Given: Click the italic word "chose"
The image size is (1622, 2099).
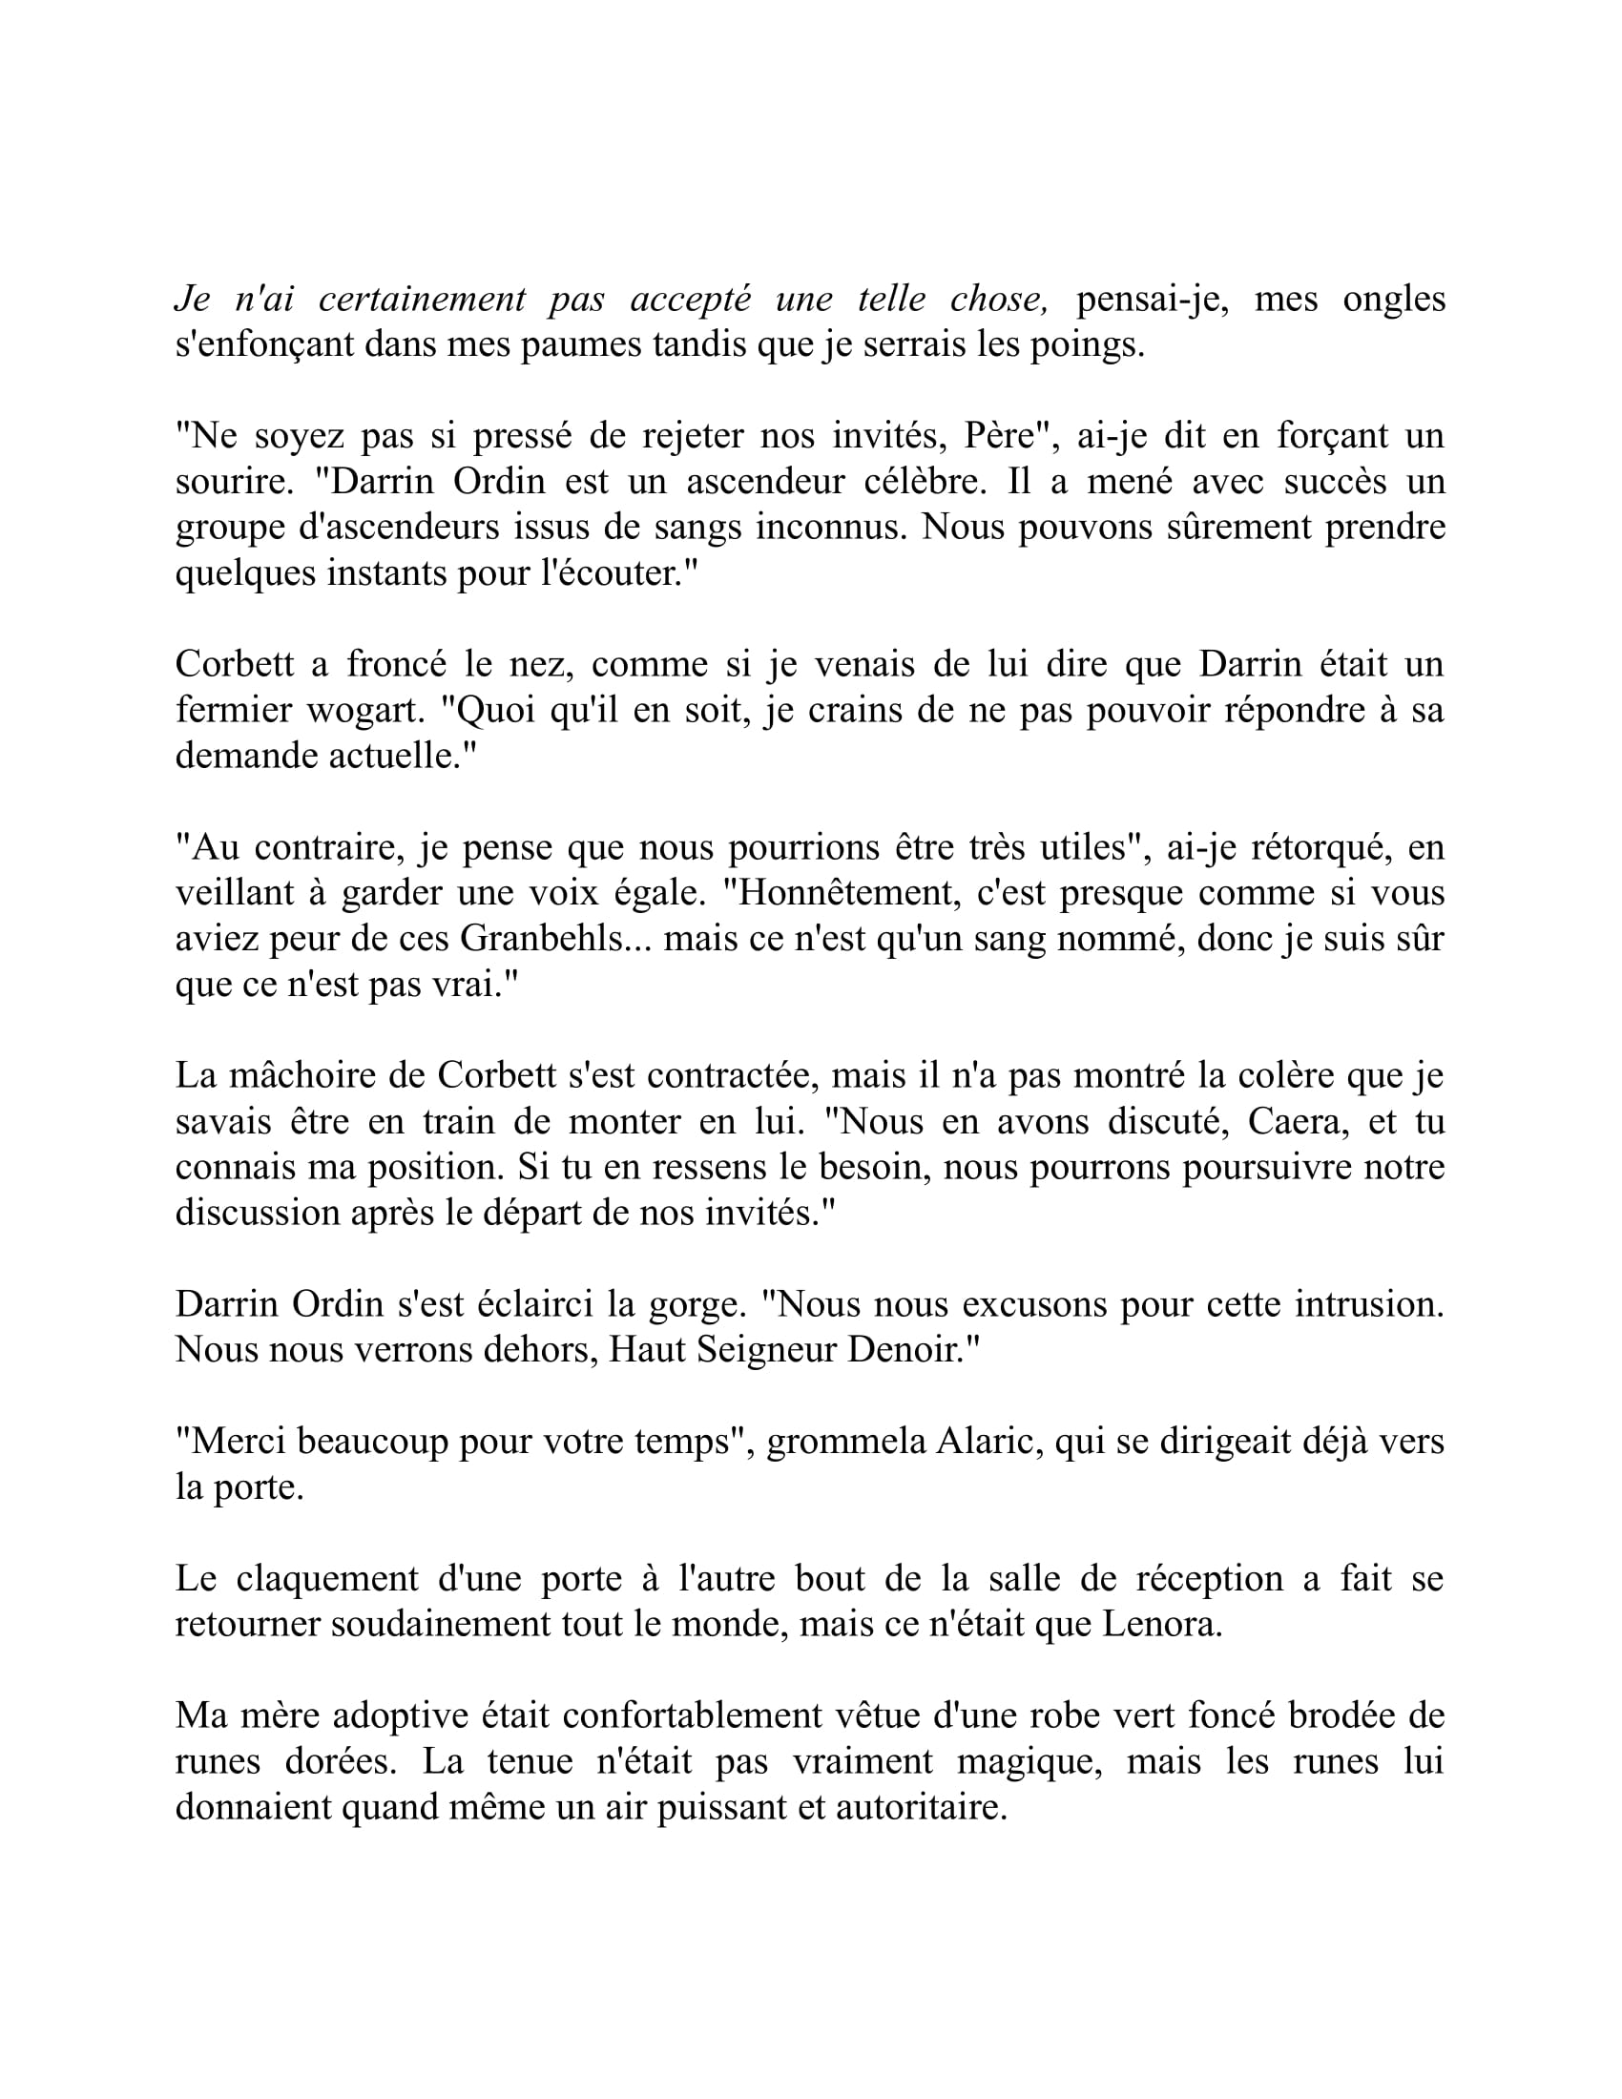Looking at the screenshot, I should pyautogui.click(x=996, y=299).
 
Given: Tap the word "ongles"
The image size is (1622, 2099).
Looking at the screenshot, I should pyautogui.click(x=1393, y=299).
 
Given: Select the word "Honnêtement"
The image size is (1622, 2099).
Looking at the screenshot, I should pyautogui.click(x=842, y=892).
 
